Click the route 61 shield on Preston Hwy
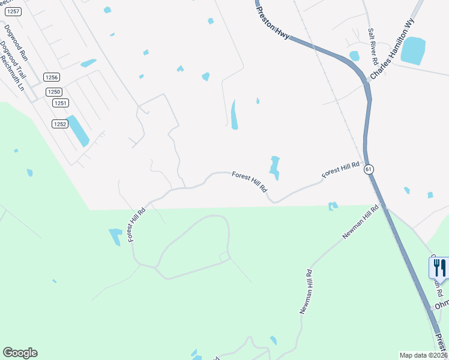(369, 170)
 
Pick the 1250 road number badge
(55, 92)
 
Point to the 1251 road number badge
(59, 103)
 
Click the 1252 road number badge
(59, 124)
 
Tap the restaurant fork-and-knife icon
(439, 268)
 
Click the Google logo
(20, 353)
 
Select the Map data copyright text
(423, 355)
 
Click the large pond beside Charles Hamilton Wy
(412, 50)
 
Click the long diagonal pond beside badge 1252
(77, 130)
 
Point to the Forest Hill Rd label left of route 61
(340, 169)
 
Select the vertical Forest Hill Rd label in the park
(137, 226)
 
